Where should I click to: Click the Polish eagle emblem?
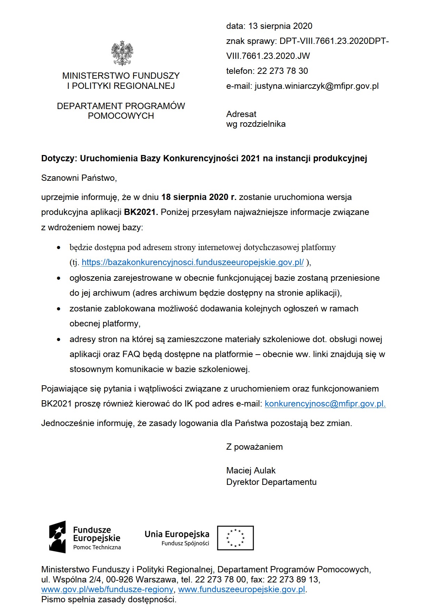[x=122, y=53]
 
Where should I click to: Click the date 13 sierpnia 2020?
[x=280, y=26]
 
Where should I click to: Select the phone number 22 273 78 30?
[x=283, y=71]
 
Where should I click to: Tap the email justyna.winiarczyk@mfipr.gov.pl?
[x=316, y=86]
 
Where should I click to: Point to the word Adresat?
[x=241, y=114]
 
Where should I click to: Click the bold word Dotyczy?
[x=58, y=158]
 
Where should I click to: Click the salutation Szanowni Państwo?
[x=79, y=178]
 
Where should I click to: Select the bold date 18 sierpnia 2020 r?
[x=199, y=197]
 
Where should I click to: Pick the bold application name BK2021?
[x=141, y=212]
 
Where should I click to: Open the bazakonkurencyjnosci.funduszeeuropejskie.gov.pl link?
[x=193, y=262]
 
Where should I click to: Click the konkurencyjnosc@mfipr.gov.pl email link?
[x=325, y=404]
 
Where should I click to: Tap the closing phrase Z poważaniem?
[x=254, y=447]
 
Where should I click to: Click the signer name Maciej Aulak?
[x=251, y=471]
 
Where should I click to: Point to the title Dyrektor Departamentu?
[x=271, y=482]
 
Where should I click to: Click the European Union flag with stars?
[x=236, y=538]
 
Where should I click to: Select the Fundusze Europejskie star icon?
[x=57, y=536]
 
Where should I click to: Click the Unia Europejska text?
[x=177, y=534]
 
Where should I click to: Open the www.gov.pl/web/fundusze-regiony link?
[x=107, y=589]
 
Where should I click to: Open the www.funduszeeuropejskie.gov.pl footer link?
[x=242, y=589]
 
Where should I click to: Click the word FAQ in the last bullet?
[x=131, y=354]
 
